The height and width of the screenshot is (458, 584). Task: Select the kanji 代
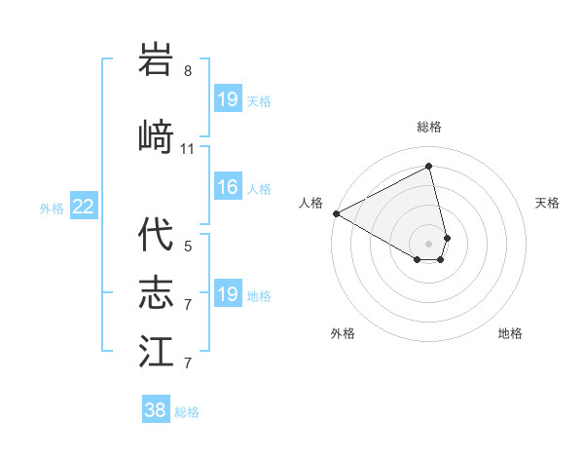click(x=157, y=235)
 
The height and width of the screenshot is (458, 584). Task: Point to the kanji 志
click(x=157, y=292)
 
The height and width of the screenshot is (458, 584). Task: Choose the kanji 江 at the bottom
click(x=157, y=351)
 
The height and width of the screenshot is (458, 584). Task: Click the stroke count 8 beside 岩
click(x=188, y=71)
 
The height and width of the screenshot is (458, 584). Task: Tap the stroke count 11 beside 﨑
click(x=188, y=149)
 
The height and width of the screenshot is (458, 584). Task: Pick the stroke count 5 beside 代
click(x=188, y=247)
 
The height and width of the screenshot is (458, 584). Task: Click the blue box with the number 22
click(x=83, y=206)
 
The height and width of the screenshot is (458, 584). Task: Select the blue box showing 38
click(x=156, y=410)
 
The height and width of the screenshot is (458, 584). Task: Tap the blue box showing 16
click(x=228, y=187)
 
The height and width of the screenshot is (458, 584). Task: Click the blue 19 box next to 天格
click(x=228, y=98)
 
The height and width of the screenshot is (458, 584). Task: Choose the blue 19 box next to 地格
click(x=228, y=294)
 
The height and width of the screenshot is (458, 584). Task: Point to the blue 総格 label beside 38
click(x=187, y=412)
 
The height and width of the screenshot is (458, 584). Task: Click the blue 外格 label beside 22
click(x=53, y=208)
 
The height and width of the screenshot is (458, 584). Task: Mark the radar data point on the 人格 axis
click(x=336, y=213)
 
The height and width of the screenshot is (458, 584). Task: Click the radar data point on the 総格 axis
click(x=429, y=167)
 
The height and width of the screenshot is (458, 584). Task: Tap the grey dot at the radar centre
click(x=429, y=242)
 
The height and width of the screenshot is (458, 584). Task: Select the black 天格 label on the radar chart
click(x=548, y=203)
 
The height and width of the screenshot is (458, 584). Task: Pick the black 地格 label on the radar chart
click(x=510, y=333)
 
